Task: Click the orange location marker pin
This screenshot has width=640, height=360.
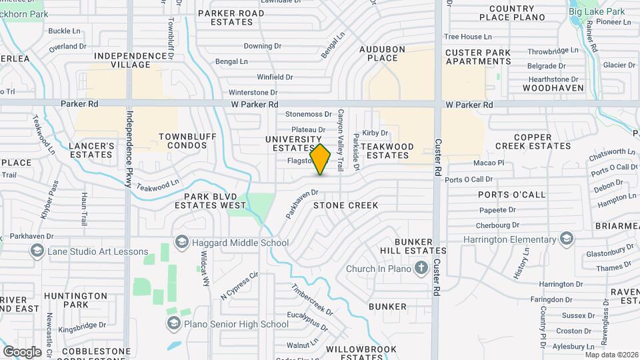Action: [321, 159]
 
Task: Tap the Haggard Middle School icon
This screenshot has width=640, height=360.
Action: [180, 241]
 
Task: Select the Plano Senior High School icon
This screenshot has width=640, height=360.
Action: [173, 323]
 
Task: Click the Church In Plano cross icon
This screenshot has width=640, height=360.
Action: [421, 269]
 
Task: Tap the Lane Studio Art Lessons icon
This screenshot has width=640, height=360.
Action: [37, 251]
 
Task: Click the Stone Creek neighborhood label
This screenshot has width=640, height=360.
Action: [345, 205]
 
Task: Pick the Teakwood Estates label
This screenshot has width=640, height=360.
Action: [388, 151]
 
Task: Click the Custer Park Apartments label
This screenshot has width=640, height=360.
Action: [478, 57]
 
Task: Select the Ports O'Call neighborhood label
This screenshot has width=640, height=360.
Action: [512, 195]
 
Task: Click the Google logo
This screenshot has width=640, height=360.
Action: [22, 351]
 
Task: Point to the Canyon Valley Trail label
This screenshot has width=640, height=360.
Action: [340, 139]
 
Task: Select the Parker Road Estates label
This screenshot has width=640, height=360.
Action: [231, 17]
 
